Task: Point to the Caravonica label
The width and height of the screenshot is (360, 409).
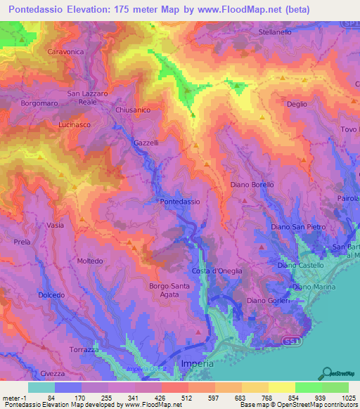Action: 65,52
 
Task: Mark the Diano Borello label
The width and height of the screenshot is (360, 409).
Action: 252,184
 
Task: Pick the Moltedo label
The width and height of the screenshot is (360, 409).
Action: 90,261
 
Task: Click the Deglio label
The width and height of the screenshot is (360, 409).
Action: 297,104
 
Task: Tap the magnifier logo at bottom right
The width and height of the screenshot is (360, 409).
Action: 326,372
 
